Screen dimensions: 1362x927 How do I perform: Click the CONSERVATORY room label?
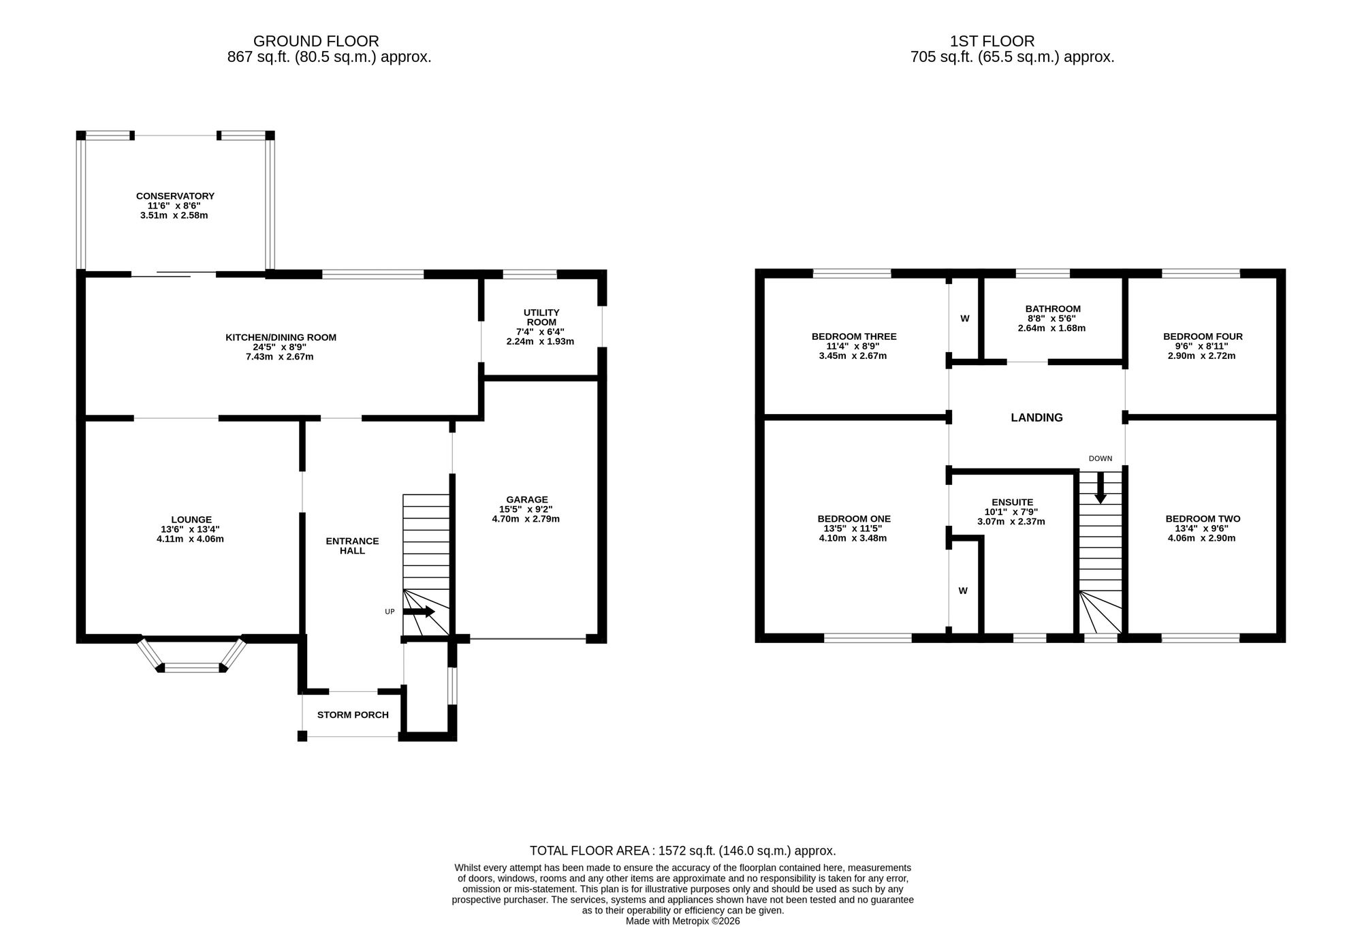point(175,196)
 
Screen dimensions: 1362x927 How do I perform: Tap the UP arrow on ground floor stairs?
point(419,612)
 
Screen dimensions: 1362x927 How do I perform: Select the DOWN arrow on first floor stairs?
point(1100,488)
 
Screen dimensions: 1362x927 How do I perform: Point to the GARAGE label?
point(526,499)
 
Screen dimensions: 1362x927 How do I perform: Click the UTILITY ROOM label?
point(541,317)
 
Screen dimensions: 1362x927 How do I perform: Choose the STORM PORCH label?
point(353,715)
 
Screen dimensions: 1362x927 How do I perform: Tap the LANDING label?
point(1036,418)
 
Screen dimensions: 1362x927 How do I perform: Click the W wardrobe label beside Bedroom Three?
point(965,318)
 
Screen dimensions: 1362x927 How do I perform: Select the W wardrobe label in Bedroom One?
point(963,591)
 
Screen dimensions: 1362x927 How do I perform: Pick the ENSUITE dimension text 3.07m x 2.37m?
point(1013,522)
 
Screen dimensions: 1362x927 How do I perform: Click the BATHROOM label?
point(1053,309)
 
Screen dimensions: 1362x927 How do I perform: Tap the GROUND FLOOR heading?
point(316,42)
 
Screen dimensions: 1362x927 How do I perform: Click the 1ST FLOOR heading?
point(992,42)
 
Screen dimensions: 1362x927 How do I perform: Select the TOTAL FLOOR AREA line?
point(682,851)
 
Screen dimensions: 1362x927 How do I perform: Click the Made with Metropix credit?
point(682,921)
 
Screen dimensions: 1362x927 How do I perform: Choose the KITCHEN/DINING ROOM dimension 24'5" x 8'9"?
point(281,347)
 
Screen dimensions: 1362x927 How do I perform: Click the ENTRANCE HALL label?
point(352,546)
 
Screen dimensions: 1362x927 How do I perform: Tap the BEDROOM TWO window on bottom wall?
point(1201,638)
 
